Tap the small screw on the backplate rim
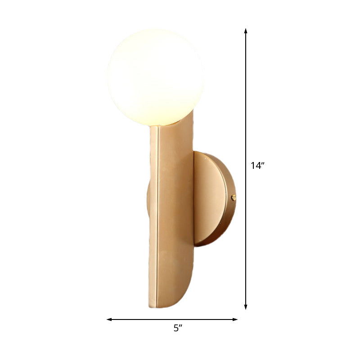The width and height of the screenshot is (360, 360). click(233, 197)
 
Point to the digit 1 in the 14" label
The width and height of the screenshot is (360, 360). click(253, 166)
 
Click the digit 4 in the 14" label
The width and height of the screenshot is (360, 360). click(258, 166)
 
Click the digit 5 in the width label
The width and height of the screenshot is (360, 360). click(175, 328)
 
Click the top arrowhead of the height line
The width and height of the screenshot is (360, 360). click(246, 31)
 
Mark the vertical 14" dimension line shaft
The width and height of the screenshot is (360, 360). click(246, 112)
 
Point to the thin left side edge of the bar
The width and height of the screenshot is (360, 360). click(153, 216)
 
